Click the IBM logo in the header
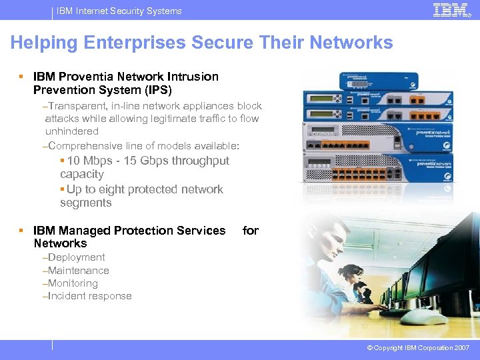point(450,11)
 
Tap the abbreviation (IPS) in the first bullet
point(154,90)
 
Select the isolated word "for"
point(251,231)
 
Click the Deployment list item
point(76,257)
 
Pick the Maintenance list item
point(78,271)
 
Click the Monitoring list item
point(73,283)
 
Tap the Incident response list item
point(89,296)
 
